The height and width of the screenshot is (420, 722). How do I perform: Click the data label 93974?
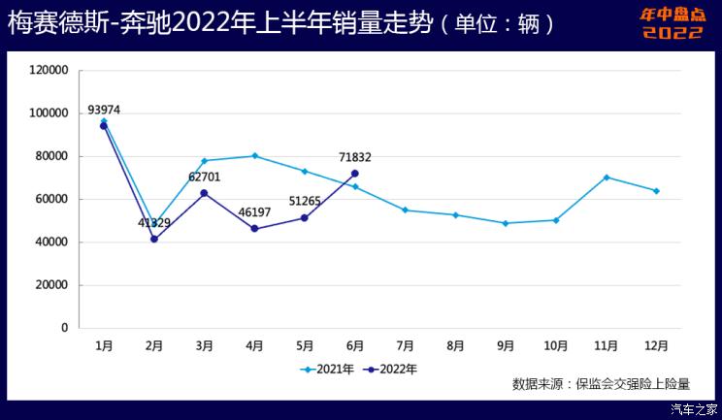pyautogui.click(x=104, y=110)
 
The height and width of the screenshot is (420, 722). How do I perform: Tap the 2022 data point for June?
pyautogui.click(x=355, y=174)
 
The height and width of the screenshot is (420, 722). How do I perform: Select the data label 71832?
pyautogui.click(x=355, y=157)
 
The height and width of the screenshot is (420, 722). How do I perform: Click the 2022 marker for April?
pyautogui.click(x=254, y=229)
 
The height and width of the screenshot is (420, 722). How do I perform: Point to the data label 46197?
pyautogui.click(x=254, y=211)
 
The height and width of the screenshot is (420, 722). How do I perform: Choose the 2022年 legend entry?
pyautogui.click(x=392, y=369)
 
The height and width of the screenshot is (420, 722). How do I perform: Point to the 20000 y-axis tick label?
pyautogui.click(x=51, y=285)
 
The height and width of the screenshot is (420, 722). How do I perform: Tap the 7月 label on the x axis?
pyautogui.click(x=406, y=345)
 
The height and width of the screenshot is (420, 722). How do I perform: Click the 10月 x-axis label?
pyautogui.click(x=556, y=345)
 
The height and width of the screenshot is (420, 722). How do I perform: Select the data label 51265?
pyautogui.click(x=305, y=200)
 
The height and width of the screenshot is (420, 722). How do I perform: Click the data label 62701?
pyautogui.click(x=205, y=178)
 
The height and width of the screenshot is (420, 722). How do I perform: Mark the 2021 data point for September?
pyautogui.click(x=506, y=223)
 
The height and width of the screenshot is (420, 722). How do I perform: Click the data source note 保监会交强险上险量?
pyautogui.click(x=601, y=384)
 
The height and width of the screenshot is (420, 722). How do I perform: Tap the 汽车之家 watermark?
pyautogui.click(x=695, y=409)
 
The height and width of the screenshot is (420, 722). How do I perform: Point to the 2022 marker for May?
pyautogui.click(x=305, y=218)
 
